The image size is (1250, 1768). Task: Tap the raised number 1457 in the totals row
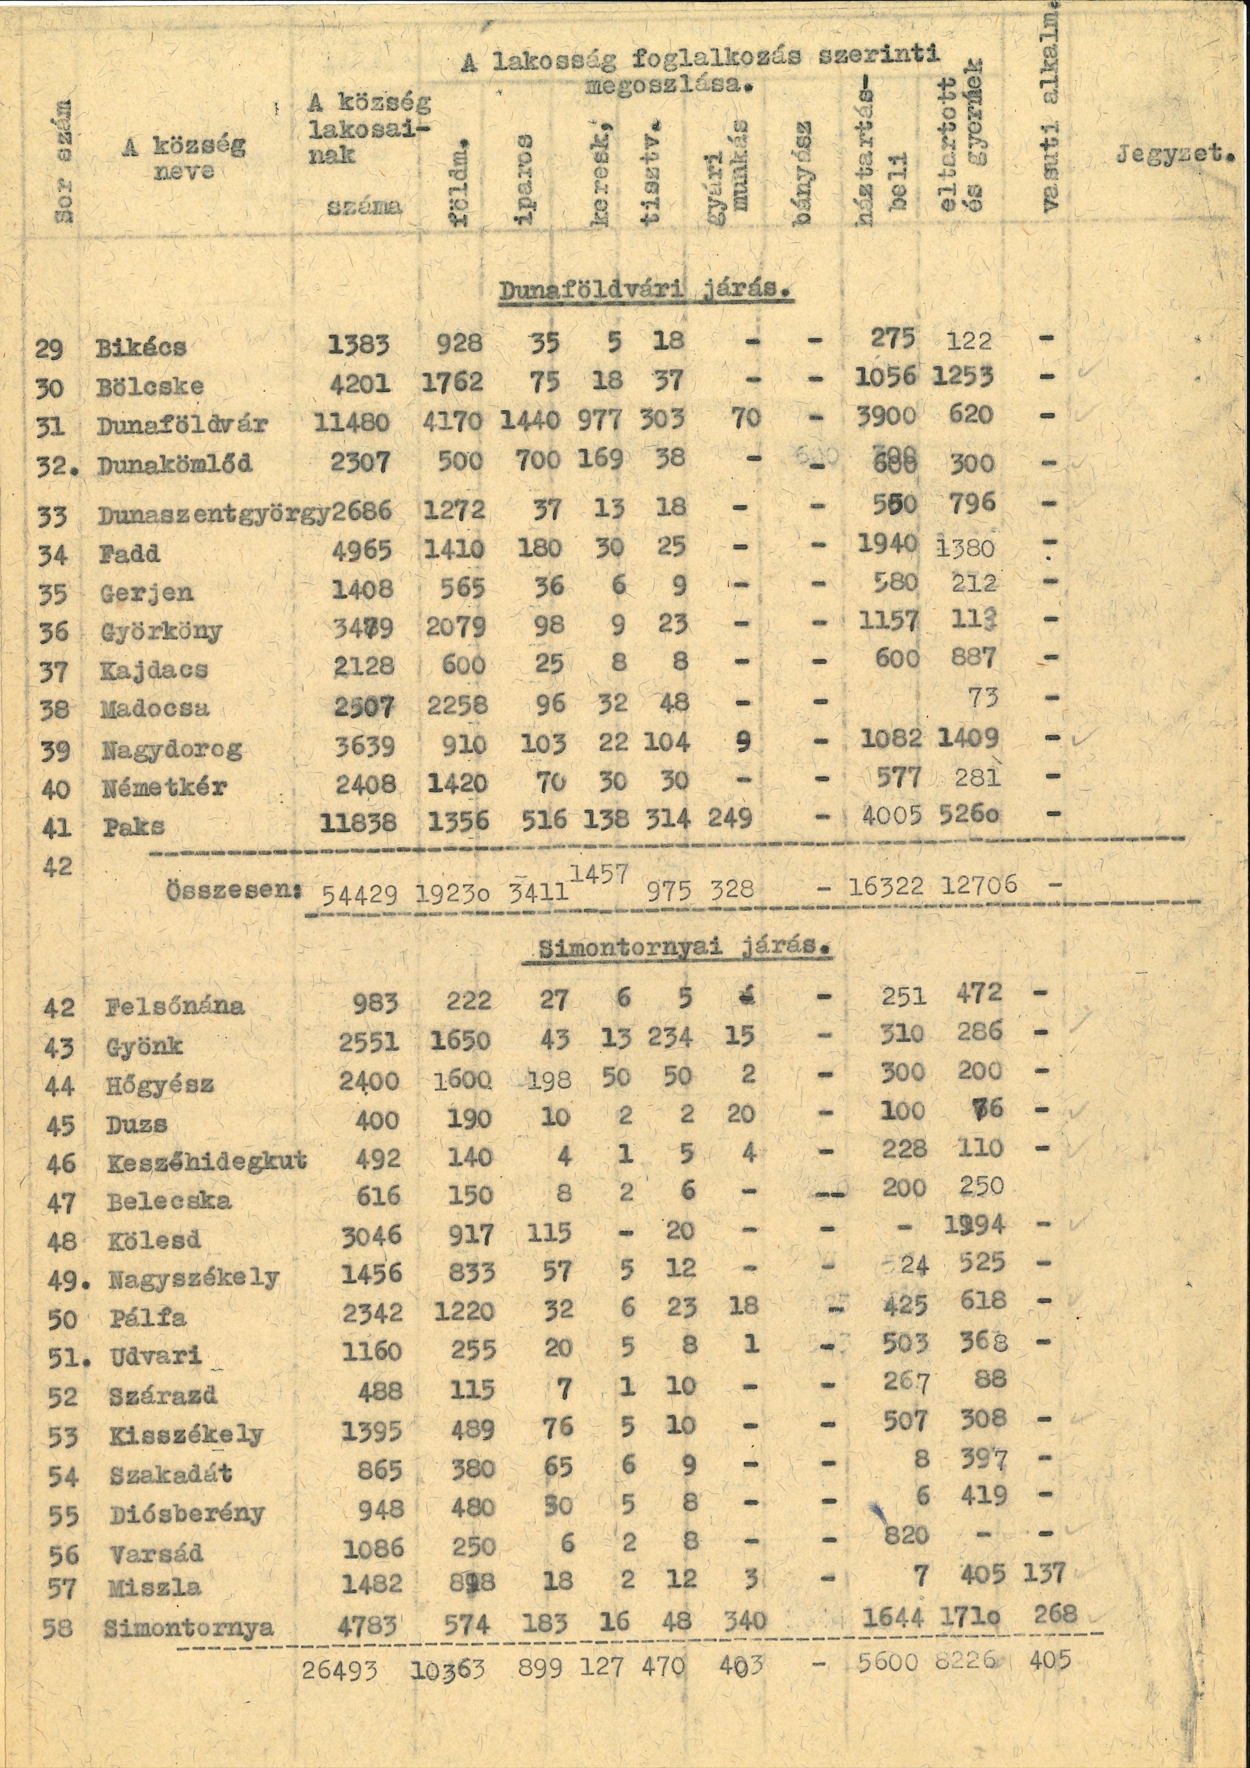point(600,874)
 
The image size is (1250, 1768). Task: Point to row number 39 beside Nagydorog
point(53,751)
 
